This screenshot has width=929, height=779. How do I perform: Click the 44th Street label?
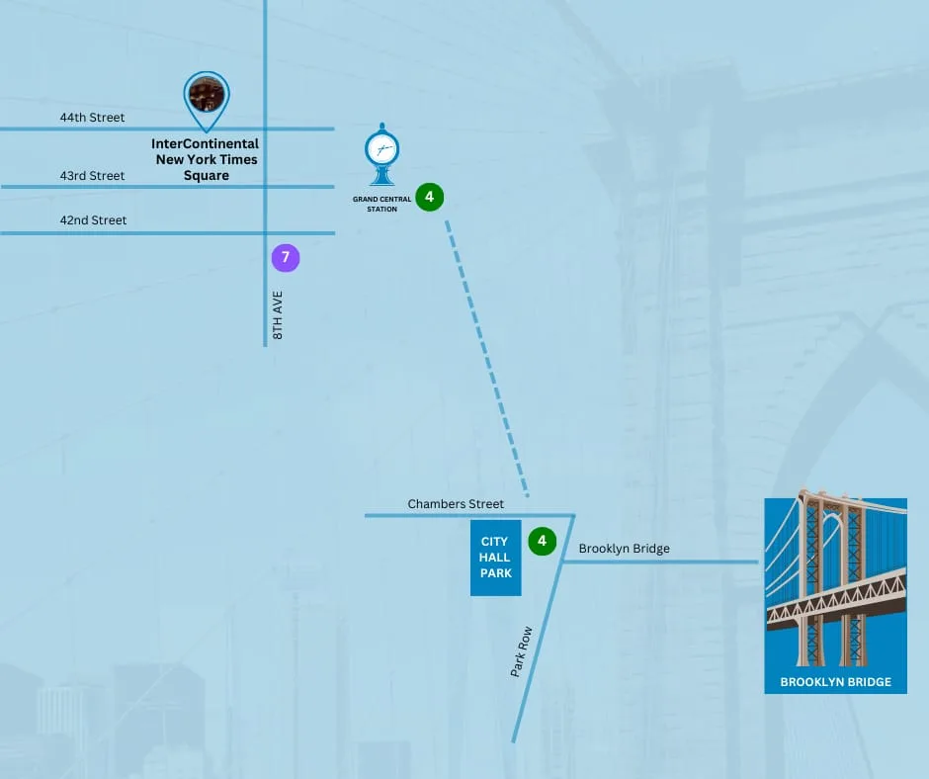point(93,118)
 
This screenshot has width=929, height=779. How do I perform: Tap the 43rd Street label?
point(93,176)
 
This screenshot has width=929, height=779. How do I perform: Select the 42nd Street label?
point(93,219)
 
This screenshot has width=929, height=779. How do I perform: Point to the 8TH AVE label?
point(278,315)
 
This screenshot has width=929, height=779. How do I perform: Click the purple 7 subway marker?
point(286,258)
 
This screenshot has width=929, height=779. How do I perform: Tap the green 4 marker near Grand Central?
point(430,197)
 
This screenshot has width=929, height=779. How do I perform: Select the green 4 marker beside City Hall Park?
point(543,542)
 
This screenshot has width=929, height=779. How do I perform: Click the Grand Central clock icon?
point(382,154)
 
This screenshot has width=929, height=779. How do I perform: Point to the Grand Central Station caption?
point(382,204)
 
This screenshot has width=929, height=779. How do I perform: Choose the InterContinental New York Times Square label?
point(206,159)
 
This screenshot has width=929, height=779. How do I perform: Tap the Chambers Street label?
point(456,504)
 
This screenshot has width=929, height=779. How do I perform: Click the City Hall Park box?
point(496,558)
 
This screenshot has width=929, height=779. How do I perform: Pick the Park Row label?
point(522,651)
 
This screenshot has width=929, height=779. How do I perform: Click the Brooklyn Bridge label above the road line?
point(625,549)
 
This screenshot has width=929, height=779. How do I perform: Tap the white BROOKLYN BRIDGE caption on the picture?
point(835,682)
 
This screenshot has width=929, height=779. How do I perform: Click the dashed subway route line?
point(487,358)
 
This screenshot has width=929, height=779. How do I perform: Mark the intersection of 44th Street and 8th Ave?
point(266,129)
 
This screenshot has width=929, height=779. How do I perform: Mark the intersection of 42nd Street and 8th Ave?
point(266,233)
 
